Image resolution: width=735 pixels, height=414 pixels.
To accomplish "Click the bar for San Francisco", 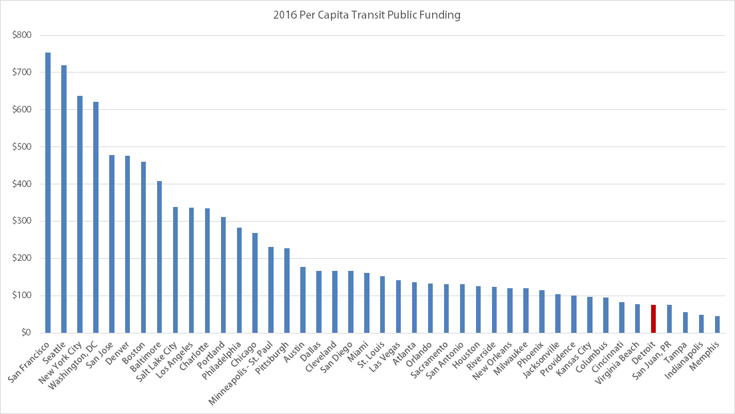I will pos(48,193).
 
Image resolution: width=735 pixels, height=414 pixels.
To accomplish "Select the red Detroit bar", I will pos(653,319).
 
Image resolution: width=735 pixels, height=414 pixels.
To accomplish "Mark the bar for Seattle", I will pos(64,199).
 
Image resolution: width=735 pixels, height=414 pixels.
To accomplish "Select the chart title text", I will pos(367,14).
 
